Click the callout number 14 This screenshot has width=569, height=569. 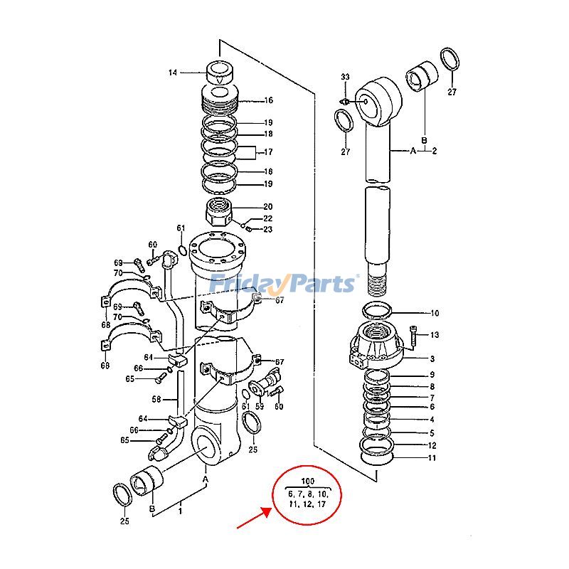coord(172,73)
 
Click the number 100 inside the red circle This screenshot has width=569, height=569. coord(309,482)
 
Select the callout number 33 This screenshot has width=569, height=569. coord(345,77)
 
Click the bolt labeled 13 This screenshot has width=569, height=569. coord(414,334)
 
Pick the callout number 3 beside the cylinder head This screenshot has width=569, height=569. coord(432,360)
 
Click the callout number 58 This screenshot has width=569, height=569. coord(156,398)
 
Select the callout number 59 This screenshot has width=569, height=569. coord(260,407)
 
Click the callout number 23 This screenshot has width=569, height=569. coord(268,229)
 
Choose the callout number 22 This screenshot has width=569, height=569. coord(268,218)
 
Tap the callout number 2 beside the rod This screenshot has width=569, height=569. coord(434,151)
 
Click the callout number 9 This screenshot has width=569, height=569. coord(432,375)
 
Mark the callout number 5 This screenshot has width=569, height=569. coord(432,432)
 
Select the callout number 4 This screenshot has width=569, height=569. coord(432,419)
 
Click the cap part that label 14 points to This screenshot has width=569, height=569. coord(220,73)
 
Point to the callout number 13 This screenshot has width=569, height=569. coord(435,334)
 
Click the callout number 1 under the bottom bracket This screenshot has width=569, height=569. coord(181,510)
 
